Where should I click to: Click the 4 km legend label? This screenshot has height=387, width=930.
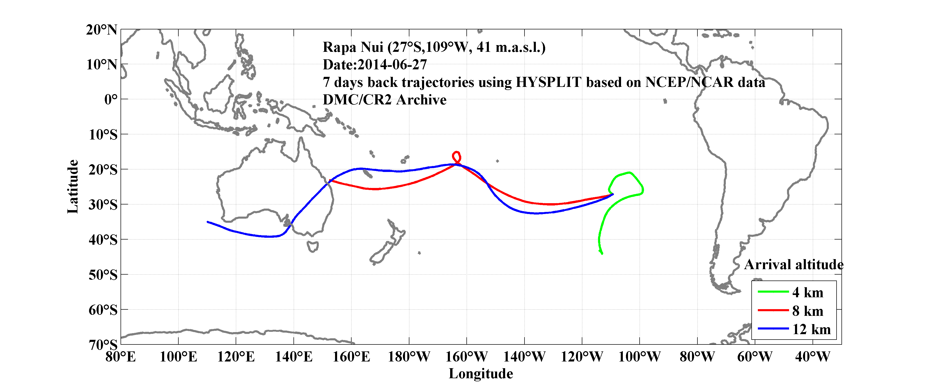tap(808, 292)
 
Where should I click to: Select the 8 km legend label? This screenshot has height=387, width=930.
tap(808, 311)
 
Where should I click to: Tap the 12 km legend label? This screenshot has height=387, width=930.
tap(811, 329)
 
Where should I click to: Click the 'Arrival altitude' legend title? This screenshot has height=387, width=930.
tap(793, 265)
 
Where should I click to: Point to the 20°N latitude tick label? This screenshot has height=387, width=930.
tap(101, 30)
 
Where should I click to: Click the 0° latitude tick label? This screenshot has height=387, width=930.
tap(110, 99)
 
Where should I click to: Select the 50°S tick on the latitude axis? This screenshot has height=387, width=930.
tap(103, 275)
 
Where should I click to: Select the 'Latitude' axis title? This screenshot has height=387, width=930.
tap(73, 186)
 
